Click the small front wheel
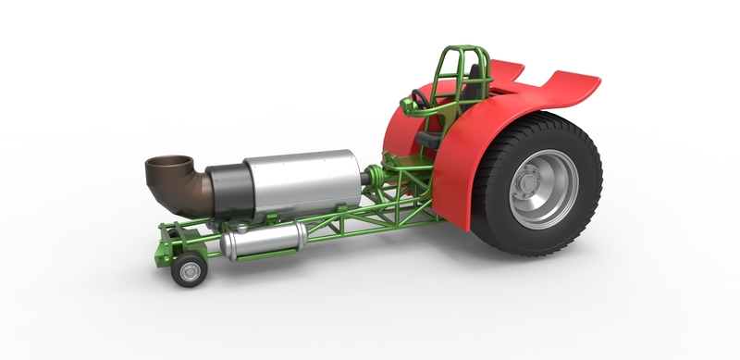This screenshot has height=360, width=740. click(x=190, y=270)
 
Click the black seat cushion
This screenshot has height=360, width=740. click(x=427, y=139)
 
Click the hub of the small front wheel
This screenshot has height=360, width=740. click(x=191, y=271)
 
